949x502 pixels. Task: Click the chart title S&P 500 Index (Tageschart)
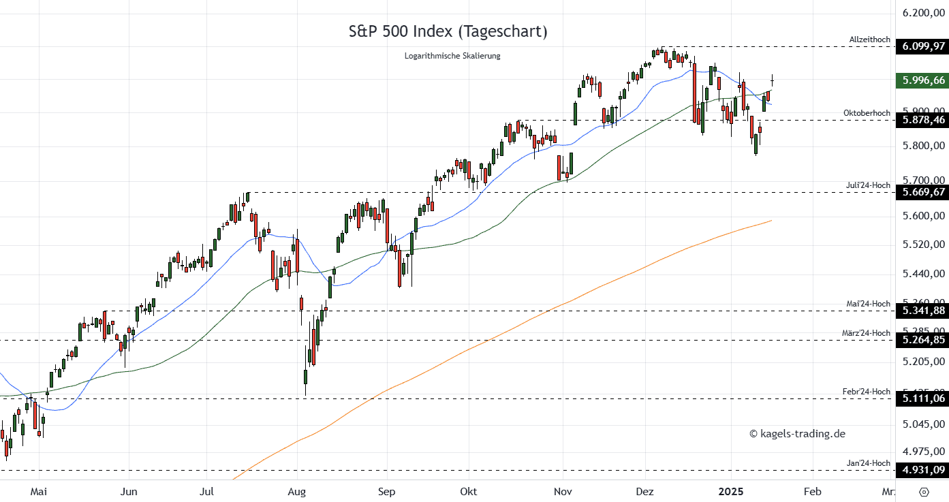(448, 31)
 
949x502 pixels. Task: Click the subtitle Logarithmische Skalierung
(452, 56)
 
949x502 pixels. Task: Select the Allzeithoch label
(869, 40)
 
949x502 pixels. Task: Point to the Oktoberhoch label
(867, 113)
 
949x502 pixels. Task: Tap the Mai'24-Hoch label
(867, 304)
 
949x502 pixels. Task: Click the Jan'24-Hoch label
(868, 463)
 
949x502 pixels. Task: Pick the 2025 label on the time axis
(731, 491)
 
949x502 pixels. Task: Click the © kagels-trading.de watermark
(797, 434)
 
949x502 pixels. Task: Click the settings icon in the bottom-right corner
(924, 492)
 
